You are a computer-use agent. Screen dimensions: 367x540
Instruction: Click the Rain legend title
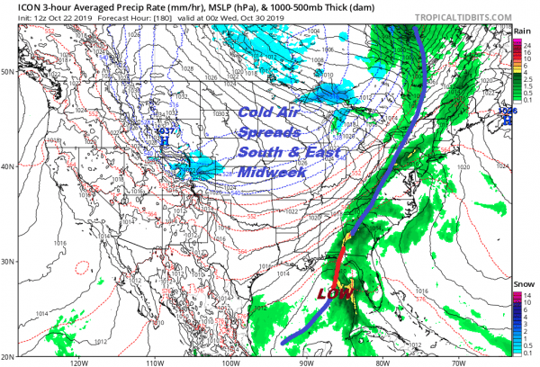pyautogui.click(x=521, y=31)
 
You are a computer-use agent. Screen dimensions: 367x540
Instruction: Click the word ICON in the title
pyautogui.click(x=17, y=6)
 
